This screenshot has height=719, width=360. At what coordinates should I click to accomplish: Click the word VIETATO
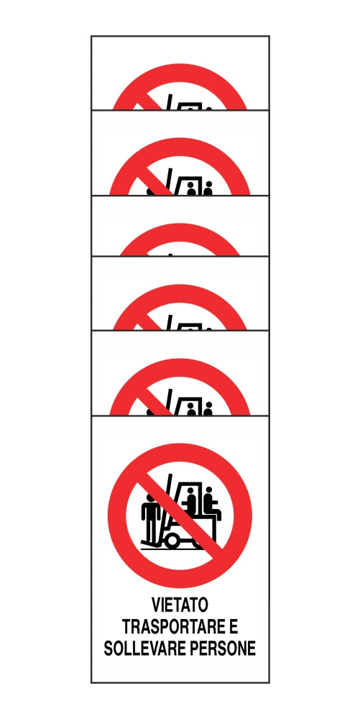click(180, 605)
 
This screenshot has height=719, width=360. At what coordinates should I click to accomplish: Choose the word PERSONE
click(223, 649)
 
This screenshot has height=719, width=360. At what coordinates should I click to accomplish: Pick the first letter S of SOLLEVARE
click(109, 649)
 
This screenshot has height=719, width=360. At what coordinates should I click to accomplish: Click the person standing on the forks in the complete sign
click(151, 518)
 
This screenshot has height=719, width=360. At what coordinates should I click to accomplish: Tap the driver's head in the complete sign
click(190, 491)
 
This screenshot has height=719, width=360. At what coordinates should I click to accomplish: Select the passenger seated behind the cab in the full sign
click(211, 503)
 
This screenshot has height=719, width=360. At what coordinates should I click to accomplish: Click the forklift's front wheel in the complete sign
click(172, 540)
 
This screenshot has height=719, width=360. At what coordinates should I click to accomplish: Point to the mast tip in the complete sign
click(171, 475)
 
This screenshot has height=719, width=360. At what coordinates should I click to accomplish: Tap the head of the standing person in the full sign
click(149, 497)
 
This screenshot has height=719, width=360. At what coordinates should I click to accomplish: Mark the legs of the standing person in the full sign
click(151, 532)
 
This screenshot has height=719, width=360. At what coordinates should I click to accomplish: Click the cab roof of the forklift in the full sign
click(193, 483)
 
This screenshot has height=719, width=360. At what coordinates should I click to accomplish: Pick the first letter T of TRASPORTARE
click(126, 627)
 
